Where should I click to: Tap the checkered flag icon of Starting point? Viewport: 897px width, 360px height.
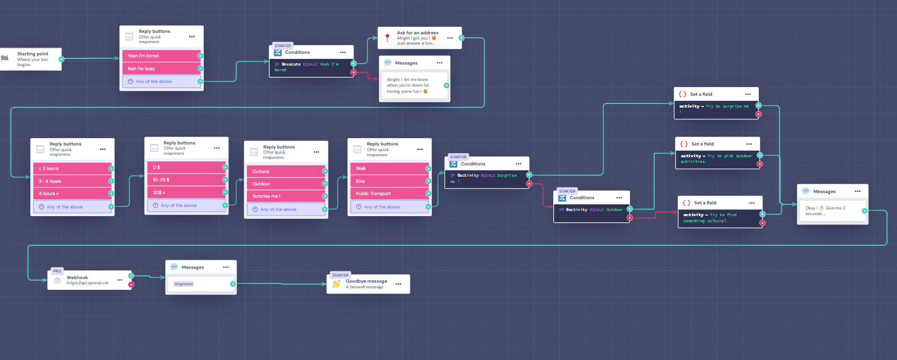click(5, 58)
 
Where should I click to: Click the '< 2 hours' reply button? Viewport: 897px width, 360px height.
click(72, 168)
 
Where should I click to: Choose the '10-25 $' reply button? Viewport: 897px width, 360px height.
click(186, 180)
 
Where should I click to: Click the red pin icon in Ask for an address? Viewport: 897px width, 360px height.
click(388, 37)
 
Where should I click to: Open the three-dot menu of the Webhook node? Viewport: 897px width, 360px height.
click(119, 280)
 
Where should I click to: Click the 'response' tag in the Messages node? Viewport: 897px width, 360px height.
click(183, 284)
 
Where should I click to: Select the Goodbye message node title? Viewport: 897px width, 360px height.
click(366, 281)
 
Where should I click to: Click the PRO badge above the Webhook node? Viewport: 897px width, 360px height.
click(57, 271)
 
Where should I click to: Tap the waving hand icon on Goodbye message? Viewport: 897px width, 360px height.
click(337, 284)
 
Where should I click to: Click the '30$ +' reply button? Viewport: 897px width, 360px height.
click(186, 193)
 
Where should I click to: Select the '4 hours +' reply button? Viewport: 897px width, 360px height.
click(72, 194)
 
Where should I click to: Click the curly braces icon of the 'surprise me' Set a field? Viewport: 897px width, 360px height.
click(682, 94)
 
